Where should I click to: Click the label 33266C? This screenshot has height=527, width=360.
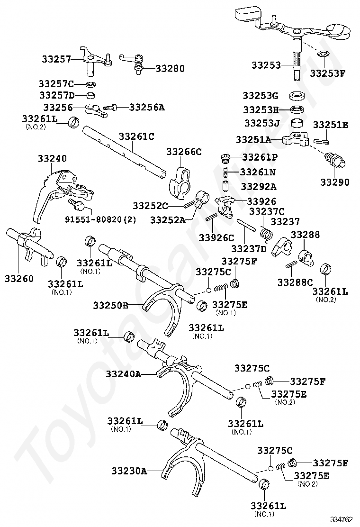184,152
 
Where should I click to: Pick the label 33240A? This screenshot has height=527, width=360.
124,374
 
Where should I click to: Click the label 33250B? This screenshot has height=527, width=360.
110,305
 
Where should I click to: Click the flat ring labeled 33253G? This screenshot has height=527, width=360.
297,95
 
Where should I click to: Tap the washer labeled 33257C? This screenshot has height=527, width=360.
91,84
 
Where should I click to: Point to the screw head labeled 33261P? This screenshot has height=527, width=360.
225,157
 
